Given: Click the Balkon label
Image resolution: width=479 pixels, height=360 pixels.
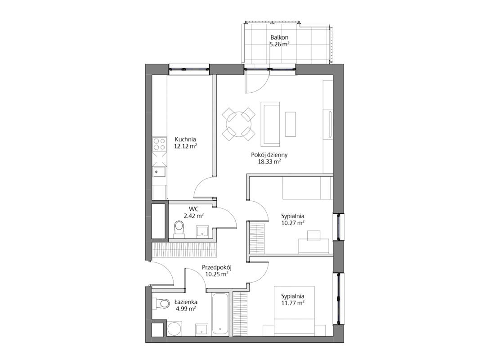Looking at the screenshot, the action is [x=279, y=38].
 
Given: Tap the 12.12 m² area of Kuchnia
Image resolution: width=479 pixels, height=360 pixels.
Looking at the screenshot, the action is [x=185, y=146].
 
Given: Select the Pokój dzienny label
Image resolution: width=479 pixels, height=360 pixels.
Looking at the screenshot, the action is [x=269, y=155].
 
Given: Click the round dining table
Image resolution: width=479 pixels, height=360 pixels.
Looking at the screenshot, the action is [x=238, y=124].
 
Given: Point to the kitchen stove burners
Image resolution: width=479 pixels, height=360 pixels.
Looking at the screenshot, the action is [x=160, y=144].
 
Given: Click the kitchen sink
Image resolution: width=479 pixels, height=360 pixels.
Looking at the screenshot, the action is [x=159, y=172].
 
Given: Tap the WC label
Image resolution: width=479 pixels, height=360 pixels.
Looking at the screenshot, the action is [x=193, y=209].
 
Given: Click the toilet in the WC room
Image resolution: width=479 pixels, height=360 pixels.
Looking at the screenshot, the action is [x=179, y=229].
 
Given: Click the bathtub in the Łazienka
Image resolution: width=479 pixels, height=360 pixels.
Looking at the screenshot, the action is [x=220, y=315].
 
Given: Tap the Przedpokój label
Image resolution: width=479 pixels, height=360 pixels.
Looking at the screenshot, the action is [x=217, y=268].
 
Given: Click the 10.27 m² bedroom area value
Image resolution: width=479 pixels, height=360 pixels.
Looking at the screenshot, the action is [x=293, y=223].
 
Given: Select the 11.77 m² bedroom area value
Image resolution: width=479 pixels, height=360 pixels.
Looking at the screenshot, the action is [x=293, y=303].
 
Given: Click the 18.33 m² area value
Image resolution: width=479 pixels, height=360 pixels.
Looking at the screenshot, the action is [x=269, y=162].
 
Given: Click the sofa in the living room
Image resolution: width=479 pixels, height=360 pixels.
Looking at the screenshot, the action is [x=270, y=124].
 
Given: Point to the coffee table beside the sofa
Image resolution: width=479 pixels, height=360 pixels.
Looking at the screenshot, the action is [x=291, y=124].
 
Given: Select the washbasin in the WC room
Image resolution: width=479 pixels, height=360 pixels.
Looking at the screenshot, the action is [x=202, y=232].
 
